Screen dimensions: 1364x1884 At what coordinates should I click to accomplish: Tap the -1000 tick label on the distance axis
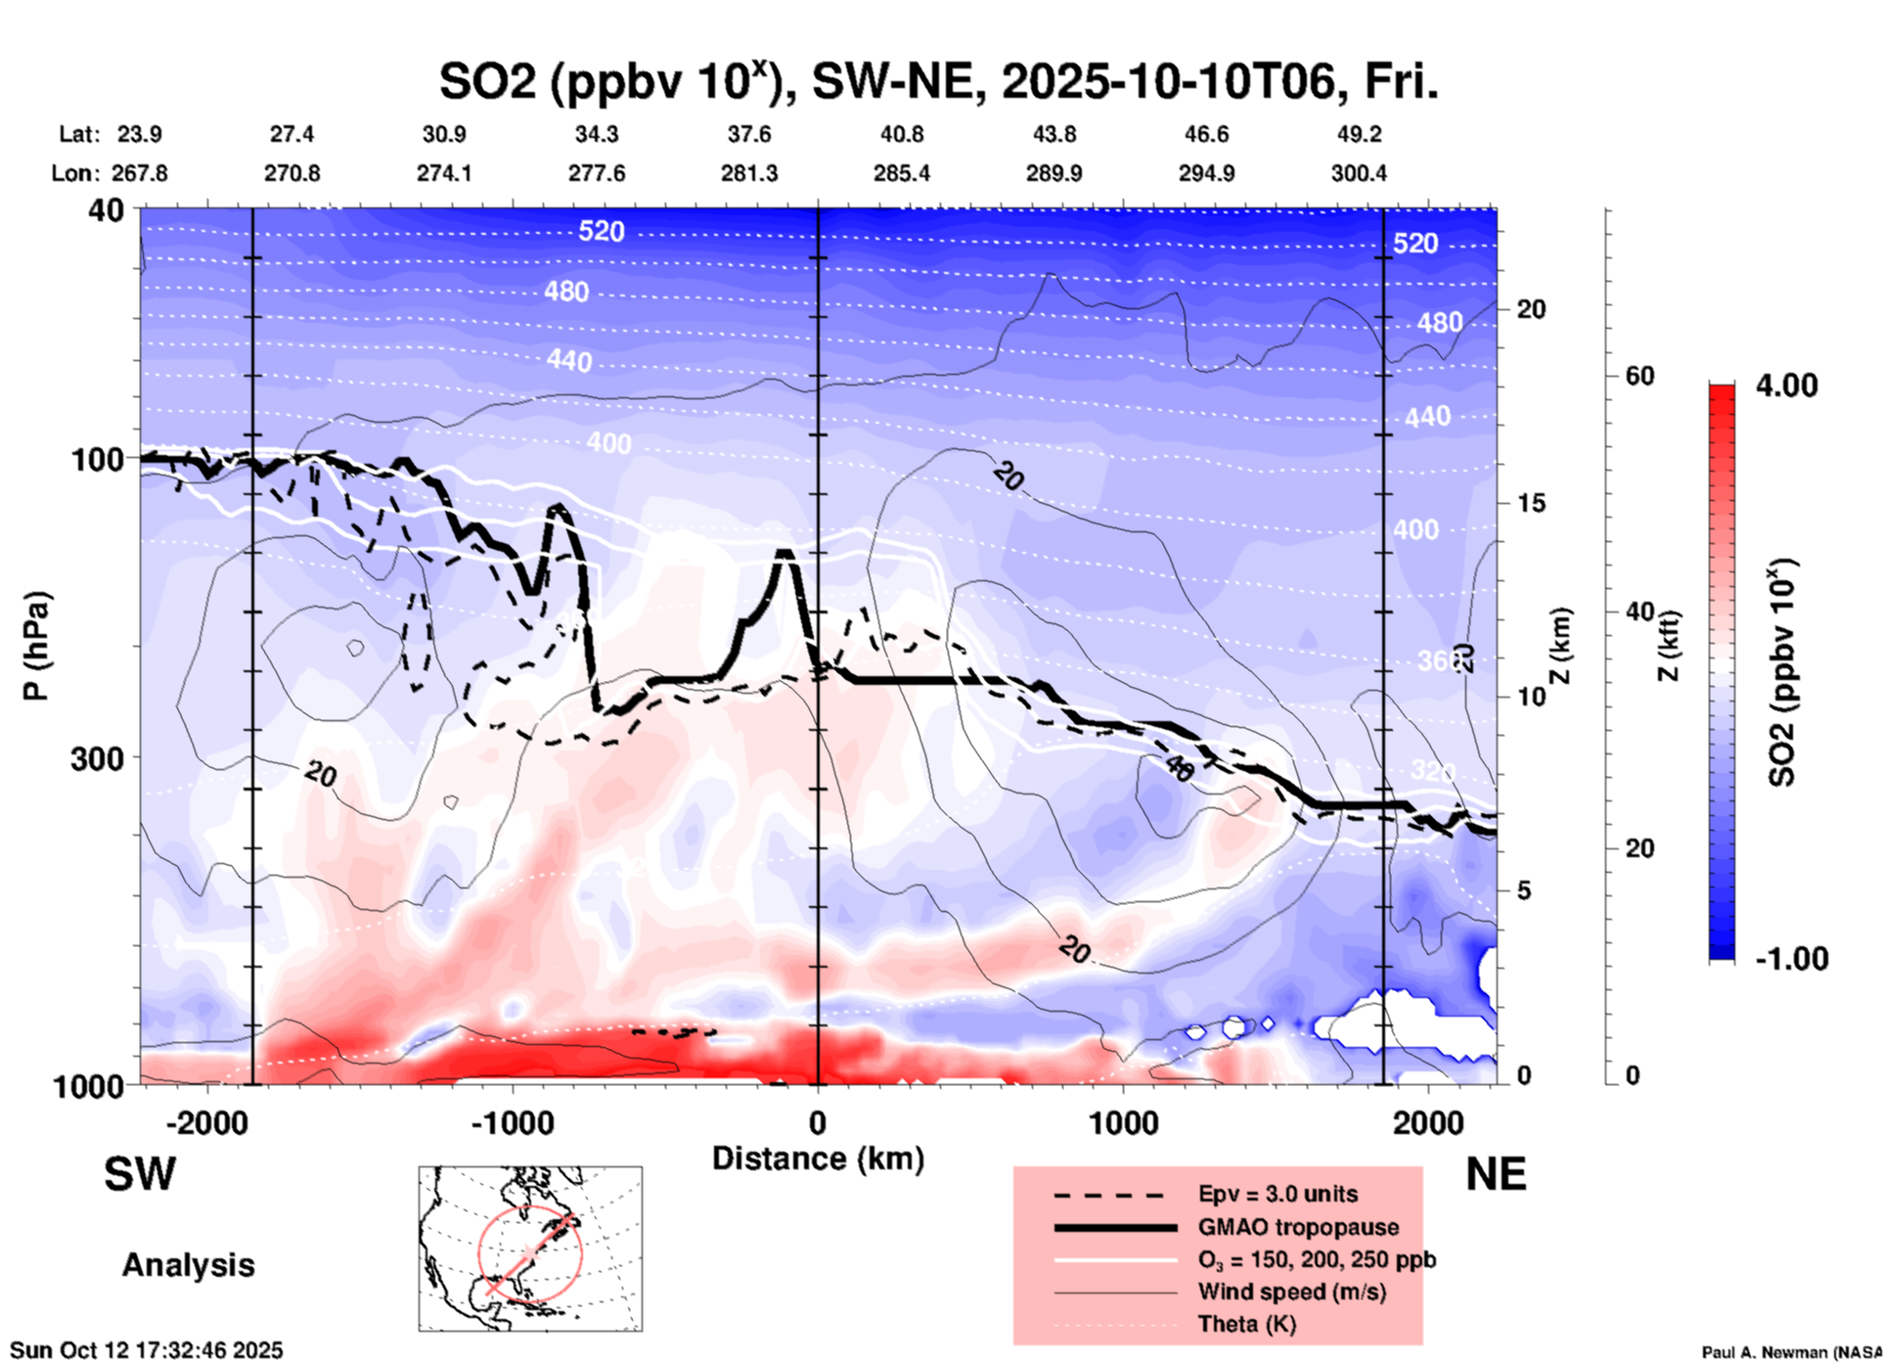coord(512,1122)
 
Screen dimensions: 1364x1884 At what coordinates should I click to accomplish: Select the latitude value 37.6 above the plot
coord(749,134)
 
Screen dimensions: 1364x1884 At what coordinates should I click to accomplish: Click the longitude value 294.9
coord(1206,173)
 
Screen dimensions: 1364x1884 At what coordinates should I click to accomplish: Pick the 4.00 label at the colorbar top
coord(1786,386)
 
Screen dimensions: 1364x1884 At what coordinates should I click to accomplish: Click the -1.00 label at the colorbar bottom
coord(1791,958)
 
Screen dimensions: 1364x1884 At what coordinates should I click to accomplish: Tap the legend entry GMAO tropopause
coord(1298,1227)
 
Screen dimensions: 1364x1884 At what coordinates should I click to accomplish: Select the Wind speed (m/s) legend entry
coord(1291,1292)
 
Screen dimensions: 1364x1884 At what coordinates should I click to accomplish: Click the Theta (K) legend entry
coord(1246,1324)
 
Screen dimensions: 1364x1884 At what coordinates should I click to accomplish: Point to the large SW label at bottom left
coord(140,1174)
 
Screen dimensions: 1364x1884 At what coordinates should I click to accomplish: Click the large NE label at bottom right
coord(1496,1174)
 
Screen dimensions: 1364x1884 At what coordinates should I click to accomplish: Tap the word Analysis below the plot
coord(188,1265)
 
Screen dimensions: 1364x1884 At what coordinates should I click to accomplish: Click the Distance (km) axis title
coord(818,1159)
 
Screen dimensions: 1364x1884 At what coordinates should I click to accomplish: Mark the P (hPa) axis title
coord(36,646)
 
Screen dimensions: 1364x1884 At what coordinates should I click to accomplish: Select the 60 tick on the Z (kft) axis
coord(1639,376)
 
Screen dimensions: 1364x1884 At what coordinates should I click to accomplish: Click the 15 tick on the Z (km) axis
coord(1531,503)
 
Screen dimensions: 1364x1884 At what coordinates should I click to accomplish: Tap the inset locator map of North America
coord(530,1248)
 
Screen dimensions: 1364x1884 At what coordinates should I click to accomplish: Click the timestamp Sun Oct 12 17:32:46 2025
coord(147,1350)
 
